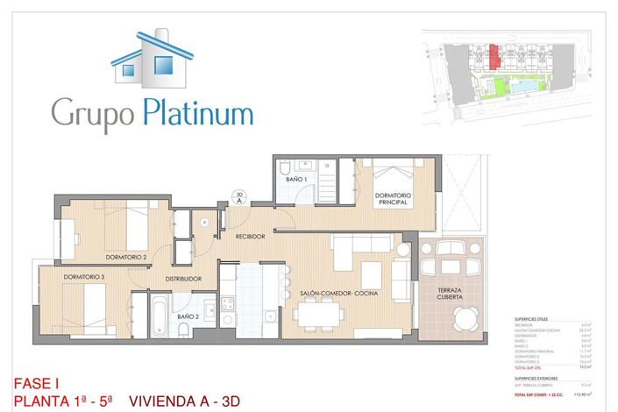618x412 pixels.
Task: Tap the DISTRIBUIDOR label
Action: tap(184, 279)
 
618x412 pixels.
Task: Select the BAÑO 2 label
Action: tap(188, 316)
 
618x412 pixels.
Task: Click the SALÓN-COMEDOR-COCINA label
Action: tap(338, 294)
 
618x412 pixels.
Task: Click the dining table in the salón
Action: tap(317, 314)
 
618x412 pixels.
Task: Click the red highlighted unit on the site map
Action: tap(494, 58)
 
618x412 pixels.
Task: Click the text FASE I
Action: tap(37, 383)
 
